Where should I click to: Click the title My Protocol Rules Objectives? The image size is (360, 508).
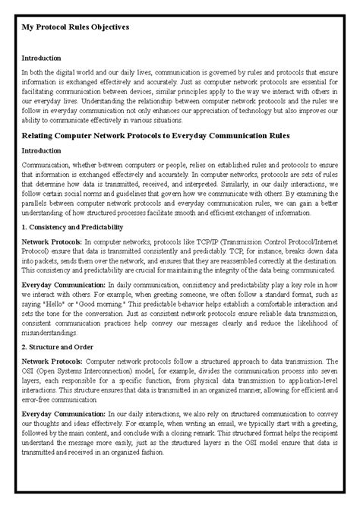74,27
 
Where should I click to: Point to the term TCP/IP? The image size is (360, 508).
195,241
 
